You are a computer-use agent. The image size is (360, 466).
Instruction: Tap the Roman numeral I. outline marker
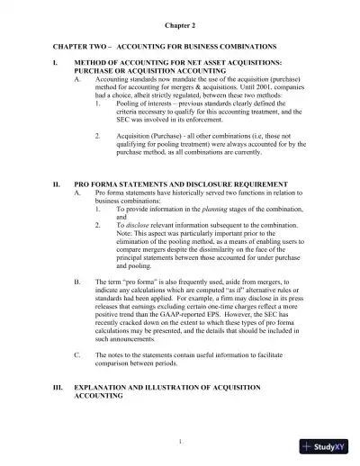[x=56, y=63]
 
